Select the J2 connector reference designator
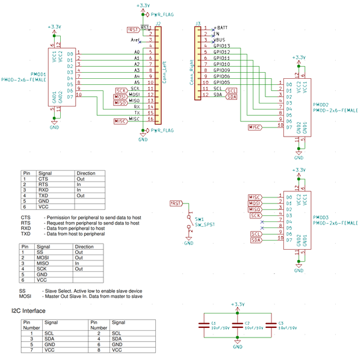[x=158, y=23]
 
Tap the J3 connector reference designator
[x=197, y=23]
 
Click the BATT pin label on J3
[x=222, y=28]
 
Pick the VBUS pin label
[x=222, y=40]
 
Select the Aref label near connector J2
[x=135, y=40]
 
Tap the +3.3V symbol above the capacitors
[x=238, y=304]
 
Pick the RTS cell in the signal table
[x=43, y=184]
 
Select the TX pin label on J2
[x=137, y=113]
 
